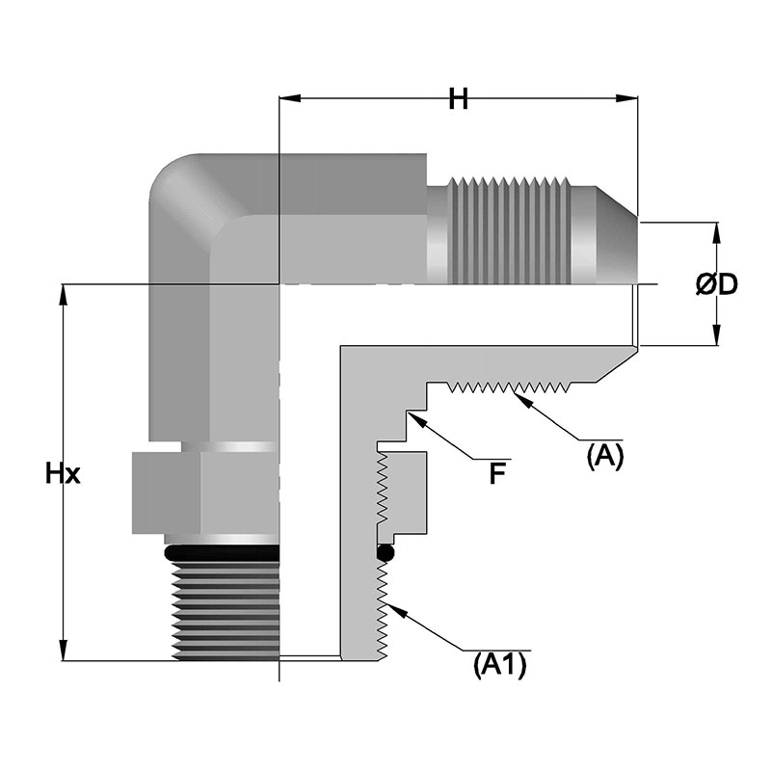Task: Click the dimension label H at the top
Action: pyautogui.click(x=458, y=98)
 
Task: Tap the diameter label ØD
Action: pyautogui.click(x=716, y=284)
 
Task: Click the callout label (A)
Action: pyautogui.click(x=605, y=455)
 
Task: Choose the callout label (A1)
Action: pyautogui.click(x=499, y=664)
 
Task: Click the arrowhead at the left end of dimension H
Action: pyautogui.click(x=286, y=98)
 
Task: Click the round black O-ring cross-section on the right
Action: pyautogui.click(x=385, y=554)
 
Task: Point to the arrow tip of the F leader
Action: pyautogui.click(x=409, y=412)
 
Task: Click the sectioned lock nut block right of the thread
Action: pyautogui.click(x=405, y=492)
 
